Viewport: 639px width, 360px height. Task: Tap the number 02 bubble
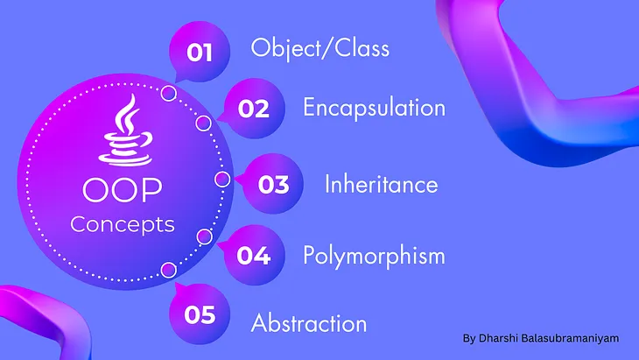(252, 109)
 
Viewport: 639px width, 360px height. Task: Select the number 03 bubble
(272, 185)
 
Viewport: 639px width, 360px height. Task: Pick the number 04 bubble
(252, 256)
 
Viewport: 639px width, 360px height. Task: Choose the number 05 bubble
(200, 314)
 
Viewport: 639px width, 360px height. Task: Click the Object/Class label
(319, 47)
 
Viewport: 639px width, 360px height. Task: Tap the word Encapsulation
(374, 108)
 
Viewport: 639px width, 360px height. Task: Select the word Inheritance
(381, 185)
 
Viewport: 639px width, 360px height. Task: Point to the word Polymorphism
(374, 256)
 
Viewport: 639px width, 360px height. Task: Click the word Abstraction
(309, 322)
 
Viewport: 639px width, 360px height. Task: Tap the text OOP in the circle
(122, 190)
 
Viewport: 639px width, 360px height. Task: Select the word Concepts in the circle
(122, 224)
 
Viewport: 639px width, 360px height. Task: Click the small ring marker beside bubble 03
(222, 179)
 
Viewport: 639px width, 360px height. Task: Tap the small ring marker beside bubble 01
(170, 93)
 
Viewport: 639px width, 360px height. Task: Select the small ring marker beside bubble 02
(204, 123)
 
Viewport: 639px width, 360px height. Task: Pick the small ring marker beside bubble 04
(205, 236)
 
